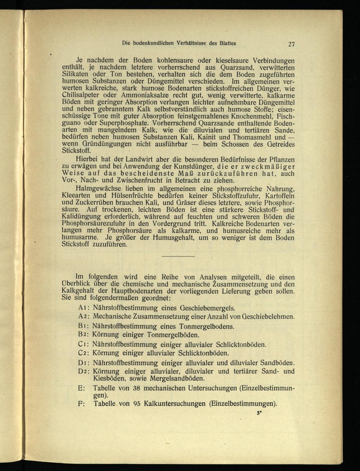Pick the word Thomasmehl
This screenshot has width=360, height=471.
[x=251, y=137]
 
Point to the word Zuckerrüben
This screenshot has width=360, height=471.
[x=93, y=203]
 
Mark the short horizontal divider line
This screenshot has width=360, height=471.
[x=178, y=256]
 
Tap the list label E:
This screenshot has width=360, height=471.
[x=81, y=388]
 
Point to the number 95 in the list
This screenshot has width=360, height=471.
[x=136, y=404]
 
